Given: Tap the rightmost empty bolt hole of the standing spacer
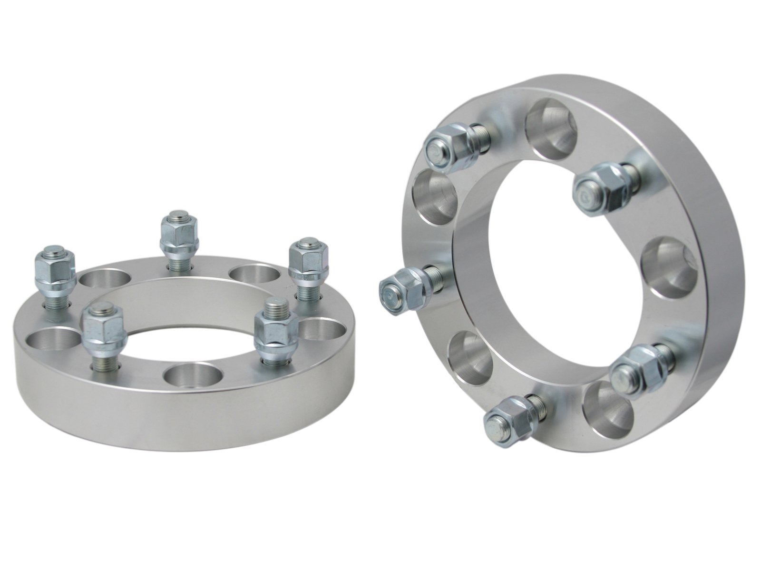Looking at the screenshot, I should click(x=666, y=271).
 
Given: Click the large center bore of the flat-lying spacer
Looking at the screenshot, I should click(x=190, y=324).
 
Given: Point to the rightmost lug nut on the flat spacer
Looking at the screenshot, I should click(x=304, y=266).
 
